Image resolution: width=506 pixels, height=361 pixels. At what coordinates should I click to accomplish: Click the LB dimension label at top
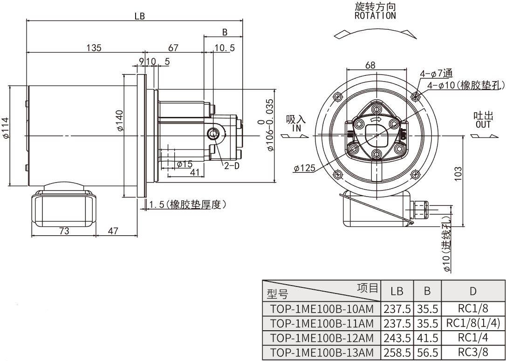click(x=140, y=16)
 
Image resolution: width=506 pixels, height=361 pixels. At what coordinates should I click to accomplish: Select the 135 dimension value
click(x=94, y=48)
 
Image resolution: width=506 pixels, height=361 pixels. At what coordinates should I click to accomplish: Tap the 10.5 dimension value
click(x=225, y=48)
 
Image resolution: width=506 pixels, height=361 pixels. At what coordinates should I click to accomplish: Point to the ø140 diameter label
click(x=120, y=121)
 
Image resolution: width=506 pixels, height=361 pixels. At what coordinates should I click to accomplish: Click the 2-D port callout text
click(x=231, y=165)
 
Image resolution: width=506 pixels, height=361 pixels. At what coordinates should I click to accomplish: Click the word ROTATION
click(x=375, y=15)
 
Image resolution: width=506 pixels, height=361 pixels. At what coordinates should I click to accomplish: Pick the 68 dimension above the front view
click(x=370, y=65)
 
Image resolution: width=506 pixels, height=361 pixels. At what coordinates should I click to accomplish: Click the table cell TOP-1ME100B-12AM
click(x=322, y=338)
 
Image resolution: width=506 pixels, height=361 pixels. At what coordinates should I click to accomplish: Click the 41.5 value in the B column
click(x=427, y=338)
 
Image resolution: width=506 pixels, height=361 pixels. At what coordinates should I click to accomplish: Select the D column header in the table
click(x=473, y=292)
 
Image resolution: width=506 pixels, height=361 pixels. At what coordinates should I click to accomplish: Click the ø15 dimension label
click(x=185, y=164)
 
